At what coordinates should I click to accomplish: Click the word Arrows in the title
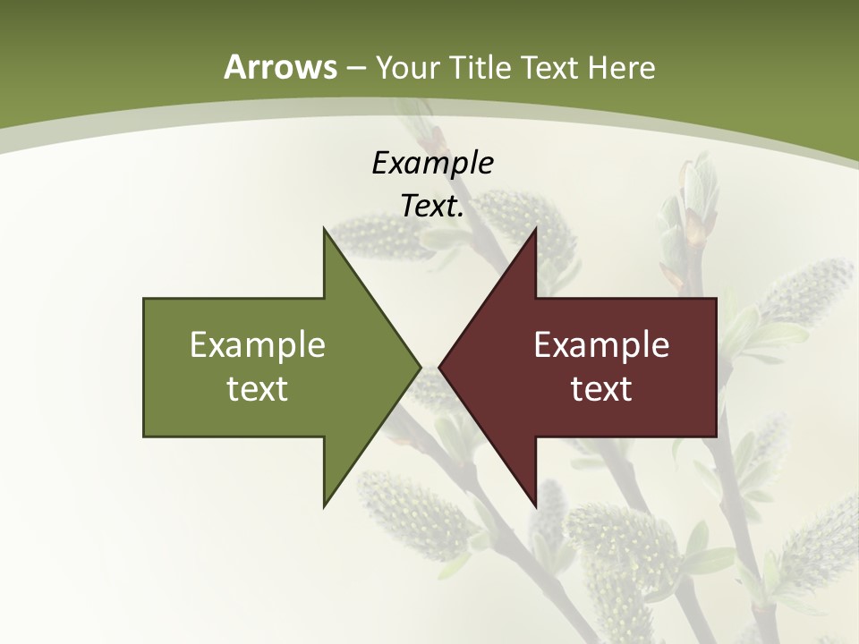[x=280, y=67]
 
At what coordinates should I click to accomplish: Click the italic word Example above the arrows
[x=432, y=164]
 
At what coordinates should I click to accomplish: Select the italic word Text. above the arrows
[x=432, y=207]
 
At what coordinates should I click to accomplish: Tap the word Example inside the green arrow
[x=258, y=344]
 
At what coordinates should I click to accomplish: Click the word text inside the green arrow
[x=258, y=388]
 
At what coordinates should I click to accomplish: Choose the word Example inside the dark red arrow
[x=601, y=344]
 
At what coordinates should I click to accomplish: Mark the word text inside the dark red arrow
[x=601, y=388]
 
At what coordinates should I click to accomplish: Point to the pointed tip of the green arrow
[x=420, y=367]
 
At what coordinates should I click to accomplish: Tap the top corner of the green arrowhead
[x=324, y=229]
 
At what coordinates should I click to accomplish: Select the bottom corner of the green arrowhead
[x=324, y=505]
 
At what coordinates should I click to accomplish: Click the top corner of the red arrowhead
[x=535, y=229]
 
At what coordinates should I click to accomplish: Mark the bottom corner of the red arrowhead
[x=535, y=505]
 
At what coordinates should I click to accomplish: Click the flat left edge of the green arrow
[x=144, y=367]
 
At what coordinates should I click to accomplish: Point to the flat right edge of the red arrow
[x=716, y=367]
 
